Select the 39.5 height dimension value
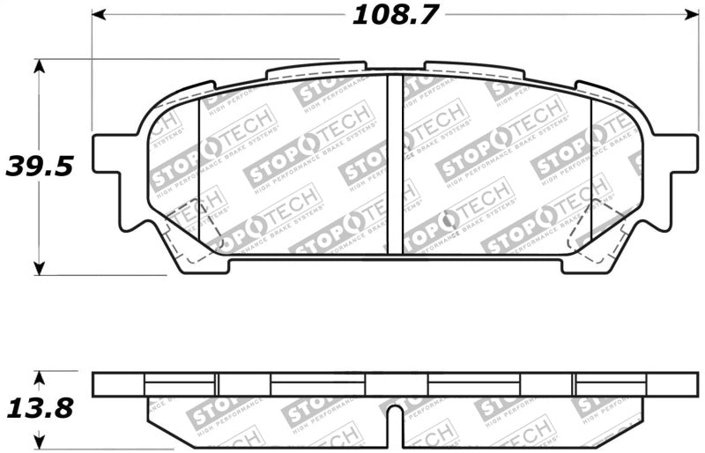38,165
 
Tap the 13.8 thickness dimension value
38,408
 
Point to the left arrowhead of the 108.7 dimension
98,15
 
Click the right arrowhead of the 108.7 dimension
692,15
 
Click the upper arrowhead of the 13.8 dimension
38,378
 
